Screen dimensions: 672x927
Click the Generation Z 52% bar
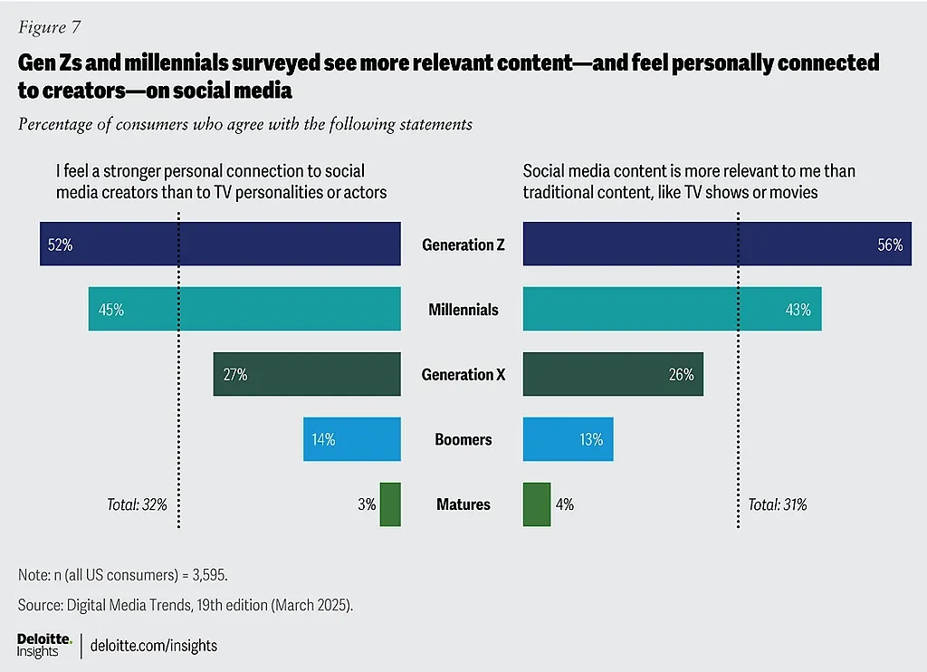pos(220,245)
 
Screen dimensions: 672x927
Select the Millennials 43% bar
pos(672,310)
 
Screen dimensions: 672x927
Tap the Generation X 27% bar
pos(307,374)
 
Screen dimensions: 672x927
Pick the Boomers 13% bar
pos(568,439)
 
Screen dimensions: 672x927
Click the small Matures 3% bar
pos(390,504)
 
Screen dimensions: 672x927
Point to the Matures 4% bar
pos(536,504)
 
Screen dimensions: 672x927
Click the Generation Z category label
pos(463,245)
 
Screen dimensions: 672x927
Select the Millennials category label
pos(463,310)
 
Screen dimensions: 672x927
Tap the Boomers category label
pos(463,439)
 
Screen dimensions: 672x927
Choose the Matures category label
pos(463,504)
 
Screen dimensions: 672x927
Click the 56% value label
pos(890,245)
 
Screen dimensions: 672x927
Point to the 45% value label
pos(111,310)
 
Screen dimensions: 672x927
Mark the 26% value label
pos(681,375)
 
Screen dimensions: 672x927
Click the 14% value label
pos(323,440)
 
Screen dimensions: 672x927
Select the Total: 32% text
pos(137,504)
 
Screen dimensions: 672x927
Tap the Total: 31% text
pos(777,504)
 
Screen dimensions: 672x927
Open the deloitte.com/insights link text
pos(154,646)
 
